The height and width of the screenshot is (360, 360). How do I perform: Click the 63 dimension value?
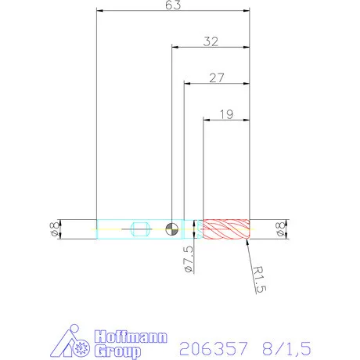click(x=172, y=5)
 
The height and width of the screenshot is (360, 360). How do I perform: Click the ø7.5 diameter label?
click(x=188, y=258)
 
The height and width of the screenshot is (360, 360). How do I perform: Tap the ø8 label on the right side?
click(x=279, y=229)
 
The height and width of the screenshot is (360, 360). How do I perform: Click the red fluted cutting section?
click(x=225, y=229)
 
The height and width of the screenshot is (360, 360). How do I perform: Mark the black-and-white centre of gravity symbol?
click(x=172, y=229)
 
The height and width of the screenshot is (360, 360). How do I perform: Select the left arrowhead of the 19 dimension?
click(x=207, y=119)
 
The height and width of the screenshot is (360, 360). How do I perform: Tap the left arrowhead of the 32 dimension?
click(x=175, y=47)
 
